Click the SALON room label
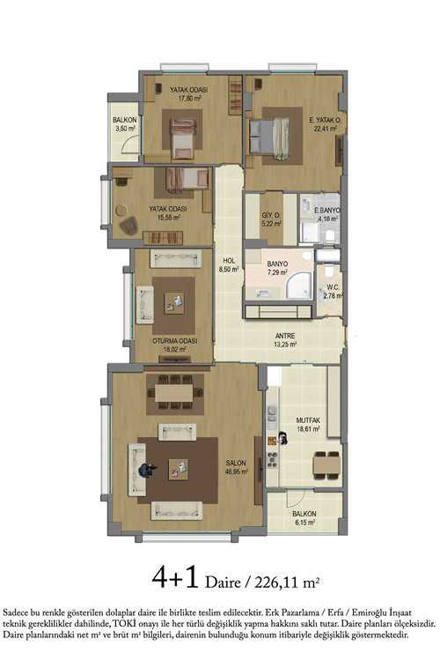pos(236,463)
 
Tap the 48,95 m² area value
pos(236,472)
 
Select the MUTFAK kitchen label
pos(308,420)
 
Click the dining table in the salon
pos(174,393)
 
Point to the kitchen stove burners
pos(273,459)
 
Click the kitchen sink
pos(272,412)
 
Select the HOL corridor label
pos(229,261)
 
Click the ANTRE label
pos(285,336)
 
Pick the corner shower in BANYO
pos(299,285)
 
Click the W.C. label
pos(333,287)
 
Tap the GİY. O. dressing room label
pos(271,215)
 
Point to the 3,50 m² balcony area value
pos(125,129)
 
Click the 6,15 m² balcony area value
pos(304,523)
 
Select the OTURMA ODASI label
pos(175,340)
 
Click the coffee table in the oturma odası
pos(174,302)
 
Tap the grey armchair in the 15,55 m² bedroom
pos(128,226)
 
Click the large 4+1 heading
pos(175,577)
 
